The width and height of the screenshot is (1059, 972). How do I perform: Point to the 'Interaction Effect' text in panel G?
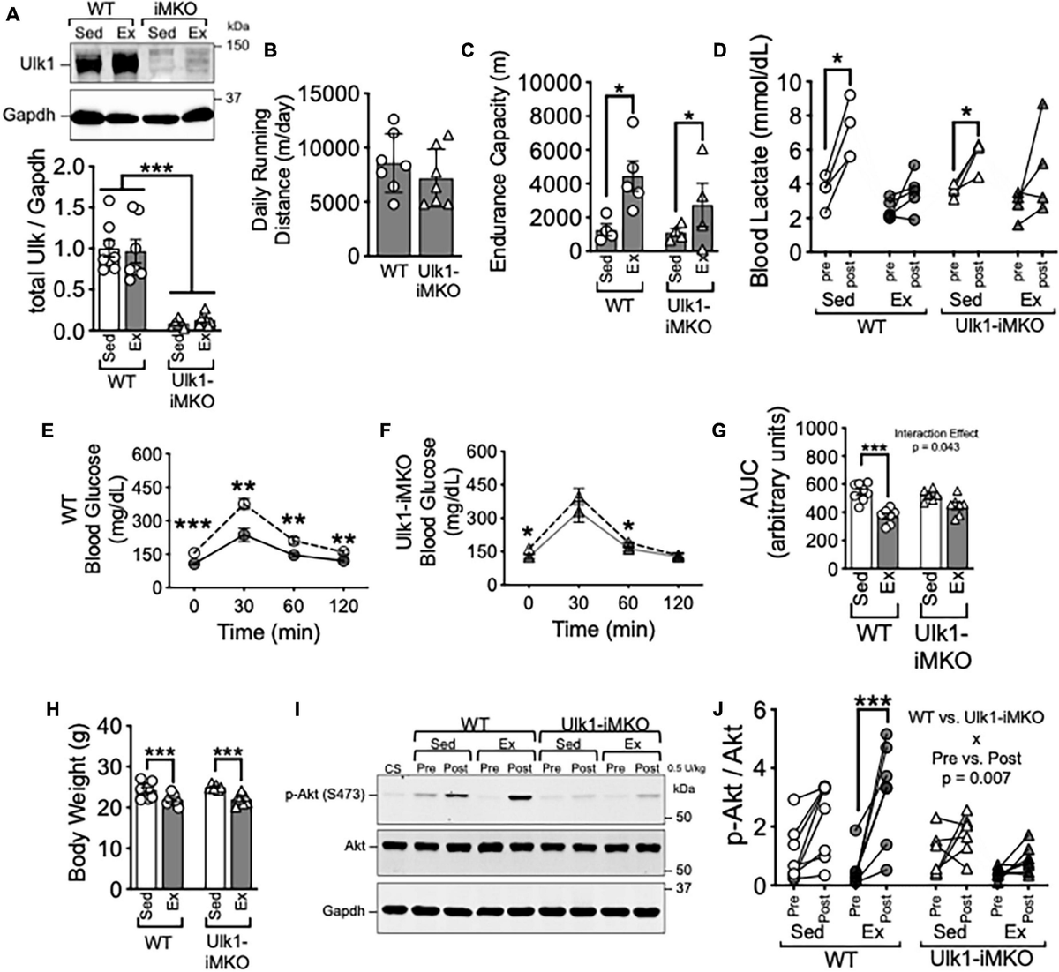click(x=938, y=434)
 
